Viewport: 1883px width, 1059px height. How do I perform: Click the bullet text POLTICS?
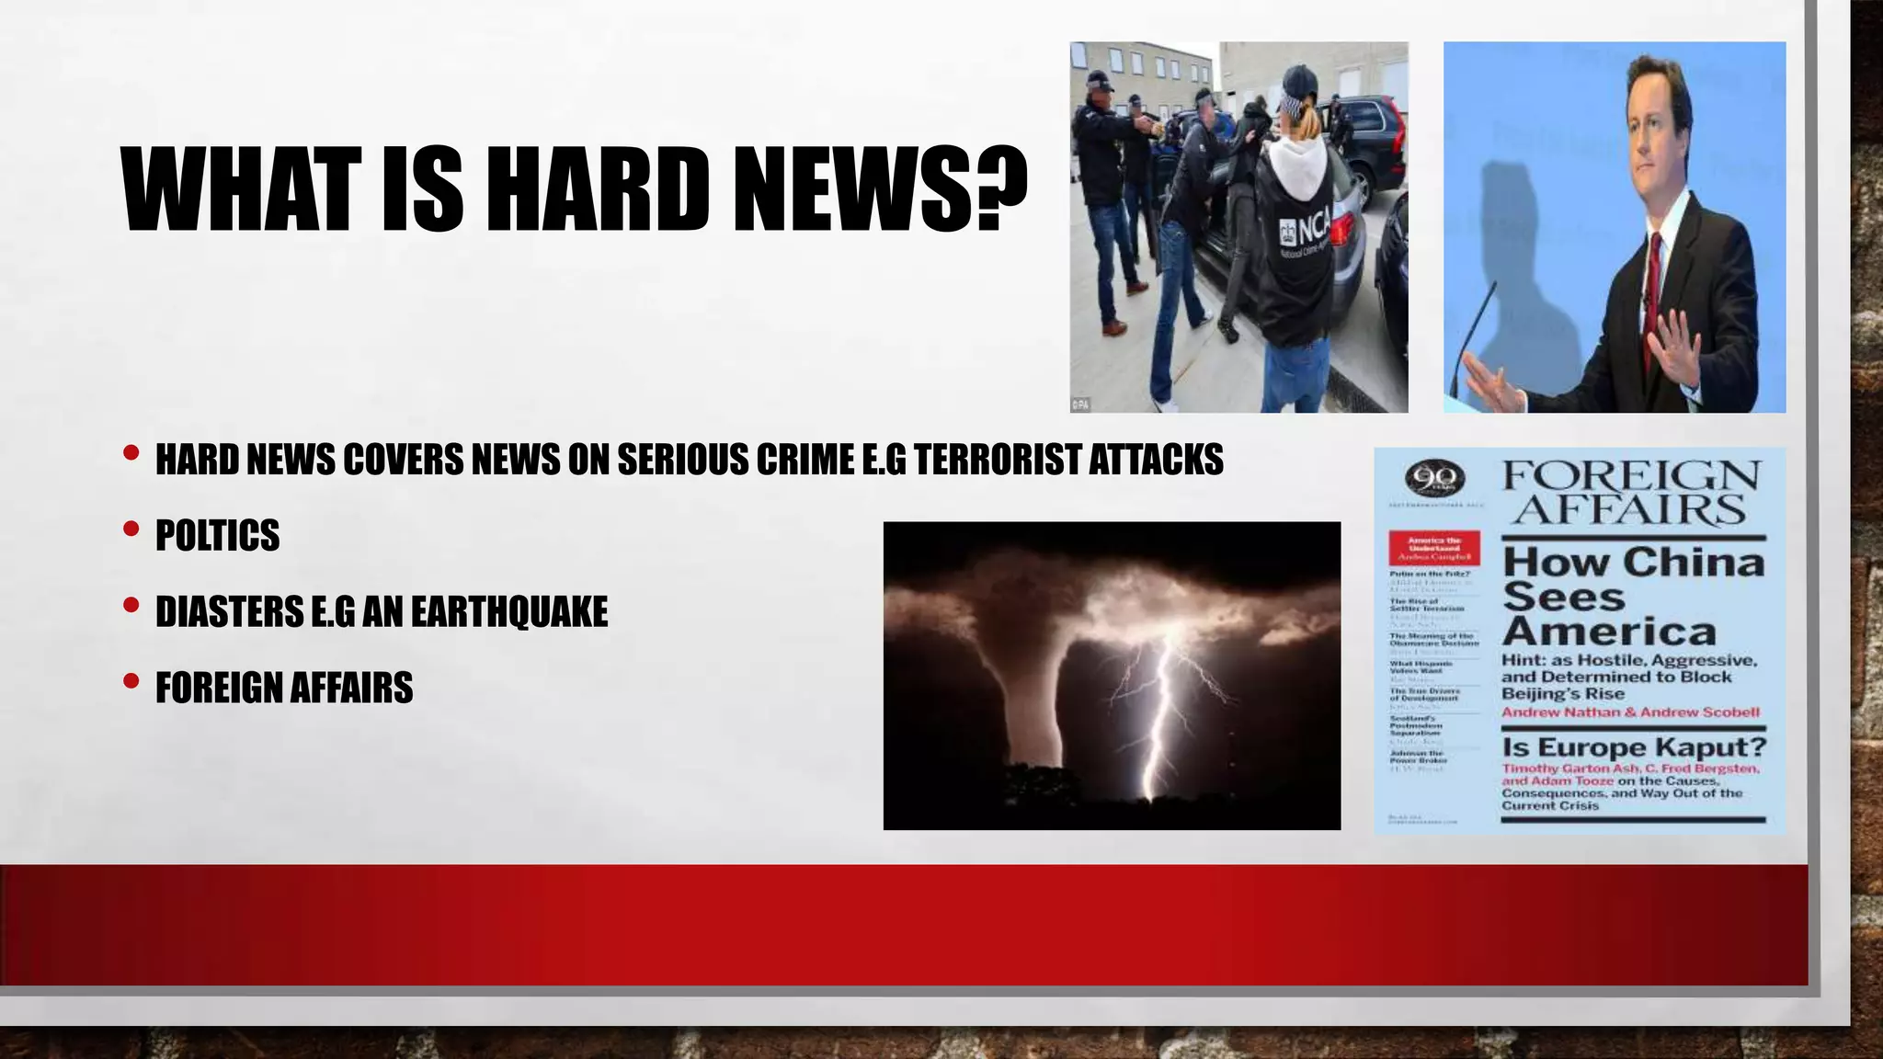[x=217, y=535]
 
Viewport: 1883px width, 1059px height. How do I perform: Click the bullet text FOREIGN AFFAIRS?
[x=284, y=688]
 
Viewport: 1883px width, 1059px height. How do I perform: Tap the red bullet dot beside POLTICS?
[x=131, y=529]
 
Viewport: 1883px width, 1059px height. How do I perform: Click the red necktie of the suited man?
[x=1654, y=276]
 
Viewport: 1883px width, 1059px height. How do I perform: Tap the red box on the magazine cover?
[x=1433, y=547]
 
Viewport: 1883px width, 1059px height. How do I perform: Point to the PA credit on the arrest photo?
[x=1080, y=404]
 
